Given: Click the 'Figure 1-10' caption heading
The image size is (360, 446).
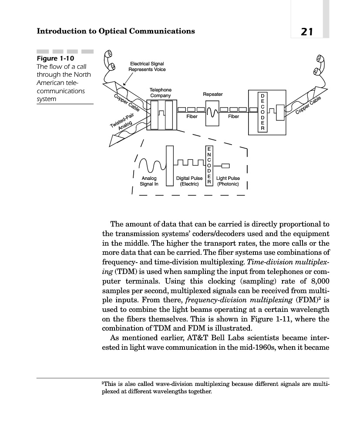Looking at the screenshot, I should tap(55, 58).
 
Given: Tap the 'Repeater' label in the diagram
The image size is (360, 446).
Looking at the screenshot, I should tap(212, 94).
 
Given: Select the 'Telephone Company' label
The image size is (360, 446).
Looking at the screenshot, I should tap(161, 92).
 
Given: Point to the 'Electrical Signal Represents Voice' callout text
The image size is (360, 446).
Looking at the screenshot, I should tap(147, 67).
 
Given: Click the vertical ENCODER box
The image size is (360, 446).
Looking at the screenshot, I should tap(209, 166).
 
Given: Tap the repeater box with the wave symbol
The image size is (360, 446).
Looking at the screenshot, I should tap(212, 113).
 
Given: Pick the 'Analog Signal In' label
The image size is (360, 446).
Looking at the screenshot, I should tap(149, 181).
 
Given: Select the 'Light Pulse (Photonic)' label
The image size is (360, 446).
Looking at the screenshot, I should tap(228, 181).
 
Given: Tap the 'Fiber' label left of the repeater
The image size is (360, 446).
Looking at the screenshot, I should tap(192, 117).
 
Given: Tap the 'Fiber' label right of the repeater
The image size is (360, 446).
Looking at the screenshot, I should tap(233, 117).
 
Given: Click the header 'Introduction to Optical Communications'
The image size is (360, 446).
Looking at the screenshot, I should tap(116, 31).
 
